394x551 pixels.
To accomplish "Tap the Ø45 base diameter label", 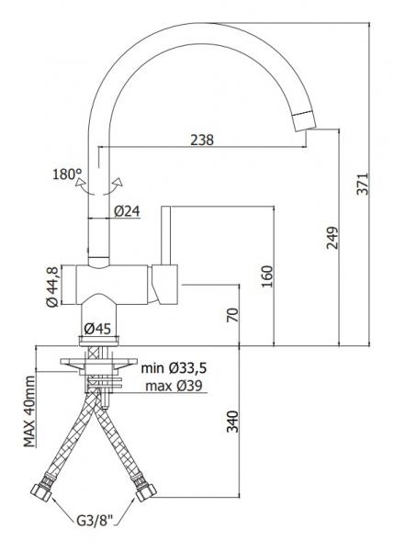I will [98, 329].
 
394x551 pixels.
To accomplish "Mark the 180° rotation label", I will [67, 174].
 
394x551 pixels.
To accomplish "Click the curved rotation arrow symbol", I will [99, 184].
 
